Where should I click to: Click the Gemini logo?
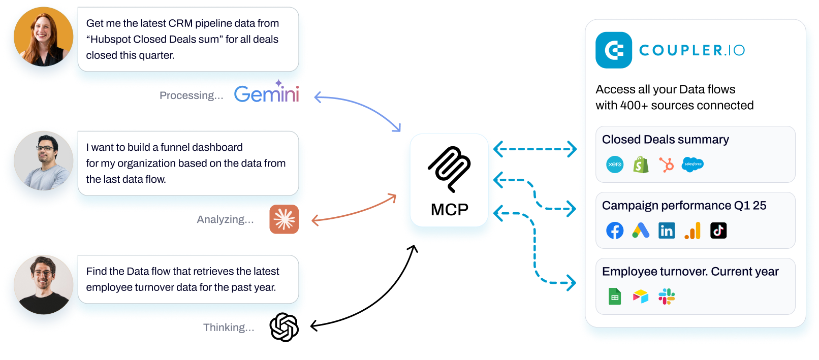tap(267, 94)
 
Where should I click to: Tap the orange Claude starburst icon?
tap(284, 219)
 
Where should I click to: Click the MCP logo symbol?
tap(449, 169)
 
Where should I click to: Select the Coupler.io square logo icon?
tap(614, 50)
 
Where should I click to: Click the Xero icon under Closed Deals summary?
tap(615, 165)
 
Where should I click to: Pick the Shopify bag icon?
tap(641, 165)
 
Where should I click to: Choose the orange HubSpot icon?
tap(666, 165)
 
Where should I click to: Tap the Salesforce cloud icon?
tap(692, 164)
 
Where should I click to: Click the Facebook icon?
tap(615, 231)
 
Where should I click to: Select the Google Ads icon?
tap(641, 231)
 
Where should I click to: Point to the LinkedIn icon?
tap(667, 231)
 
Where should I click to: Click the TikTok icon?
tap(718, 231)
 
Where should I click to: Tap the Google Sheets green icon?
tap(615, 297)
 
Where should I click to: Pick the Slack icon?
tap(667, 297)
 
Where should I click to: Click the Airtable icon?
tap(641, 297)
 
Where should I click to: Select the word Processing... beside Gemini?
tap(191, 95)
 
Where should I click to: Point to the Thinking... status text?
tap(229, 328)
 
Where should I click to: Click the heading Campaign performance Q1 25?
tap(684, 206)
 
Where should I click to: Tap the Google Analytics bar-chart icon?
tap(692, 231)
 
